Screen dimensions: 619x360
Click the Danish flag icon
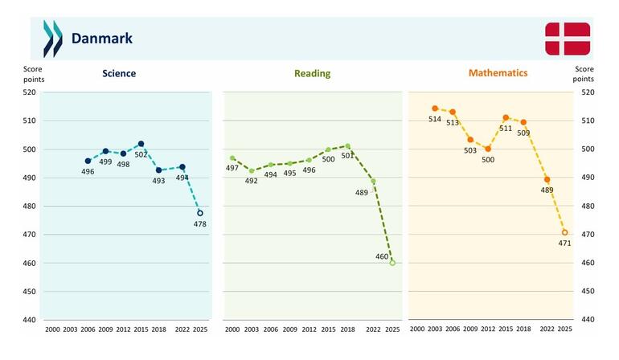click(x=568, y=39)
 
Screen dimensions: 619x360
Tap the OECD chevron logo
click(x=53, y=39)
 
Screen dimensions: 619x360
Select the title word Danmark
click(x=102, y=39)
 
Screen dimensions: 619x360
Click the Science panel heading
click(x=119, y=73)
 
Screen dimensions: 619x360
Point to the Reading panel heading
click(x=312, y=73)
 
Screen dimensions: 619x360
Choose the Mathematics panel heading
click(x=498, y=73)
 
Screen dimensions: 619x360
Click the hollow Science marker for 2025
click(x=200, y=213)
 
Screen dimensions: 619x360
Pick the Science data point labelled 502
click(x=141, y=144)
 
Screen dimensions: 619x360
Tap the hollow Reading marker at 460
click(x=392, y=263)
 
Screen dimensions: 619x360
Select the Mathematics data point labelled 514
click(x=435, y=108)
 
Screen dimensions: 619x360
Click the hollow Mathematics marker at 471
click(x=565, y=232)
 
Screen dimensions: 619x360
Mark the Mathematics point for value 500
click(x=488, y=149)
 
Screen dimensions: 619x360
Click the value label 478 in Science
click(x=200, y=224)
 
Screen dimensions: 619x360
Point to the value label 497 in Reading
click(x=232, y=168)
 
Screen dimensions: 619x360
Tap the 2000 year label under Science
click(x=52, y=329)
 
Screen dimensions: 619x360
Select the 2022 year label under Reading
click(x=373, y=329)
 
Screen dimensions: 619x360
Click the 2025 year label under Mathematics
click(x=565, y=329)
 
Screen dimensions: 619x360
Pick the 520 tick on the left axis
click(x=29, y=92)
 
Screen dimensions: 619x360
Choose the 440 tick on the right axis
click(x=588, y=319)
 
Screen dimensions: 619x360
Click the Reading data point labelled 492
click(x=252, y=171)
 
